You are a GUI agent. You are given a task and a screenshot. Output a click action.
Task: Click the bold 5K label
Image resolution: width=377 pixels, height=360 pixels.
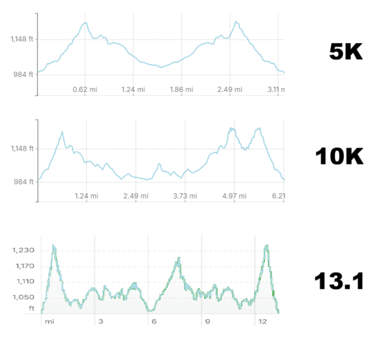(x=346, y=52)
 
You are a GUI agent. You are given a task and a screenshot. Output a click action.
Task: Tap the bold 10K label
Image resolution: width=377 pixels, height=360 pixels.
(x=339, y=157)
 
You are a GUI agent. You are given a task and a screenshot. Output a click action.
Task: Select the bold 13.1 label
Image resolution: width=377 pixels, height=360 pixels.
(x=339, y=281)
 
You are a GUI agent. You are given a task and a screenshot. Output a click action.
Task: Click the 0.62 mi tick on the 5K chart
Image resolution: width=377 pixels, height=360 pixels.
(x=85, y=89)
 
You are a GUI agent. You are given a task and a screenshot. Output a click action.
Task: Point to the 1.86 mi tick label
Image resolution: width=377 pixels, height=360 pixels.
(x=182, y=89)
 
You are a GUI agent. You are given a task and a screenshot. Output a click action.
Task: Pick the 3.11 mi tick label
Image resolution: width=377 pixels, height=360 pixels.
(x=276, y=89)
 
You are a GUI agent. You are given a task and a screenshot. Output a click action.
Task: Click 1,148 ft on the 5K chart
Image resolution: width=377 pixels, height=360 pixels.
(x=22, y=40)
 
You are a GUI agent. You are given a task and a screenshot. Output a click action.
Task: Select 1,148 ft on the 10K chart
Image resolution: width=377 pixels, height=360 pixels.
(x=22, y=148)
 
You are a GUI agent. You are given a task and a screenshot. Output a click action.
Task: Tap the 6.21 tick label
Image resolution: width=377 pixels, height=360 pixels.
(x=277, y=196)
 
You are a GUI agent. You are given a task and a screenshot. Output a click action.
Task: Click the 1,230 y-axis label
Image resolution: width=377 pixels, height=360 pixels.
(x=24, y=250)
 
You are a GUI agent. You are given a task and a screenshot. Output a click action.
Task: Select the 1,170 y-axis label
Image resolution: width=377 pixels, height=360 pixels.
(x=24, y=266)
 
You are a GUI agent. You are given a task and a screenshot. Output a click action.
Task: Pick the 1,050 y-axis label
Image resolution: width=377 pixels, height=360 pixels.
(x=24, y=297)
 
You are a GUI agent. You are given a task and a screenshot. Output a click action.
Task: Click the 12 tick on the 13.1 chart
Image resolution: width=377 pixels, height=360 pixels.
(x=262, y=322)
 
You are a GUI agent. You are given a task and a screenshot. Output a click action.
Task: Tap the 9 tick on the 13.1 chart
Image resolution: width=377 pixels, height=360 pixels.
(x=207, y=322)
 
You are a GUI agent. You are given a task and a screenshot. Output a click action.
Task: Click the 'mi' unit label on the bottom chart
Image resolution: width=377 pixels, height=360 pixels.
(x=49, y=322)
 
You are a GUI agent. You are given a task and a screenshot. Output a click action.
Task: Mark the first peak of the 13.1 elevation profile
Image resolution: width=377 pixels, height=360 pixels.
(x=53, y=245)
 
